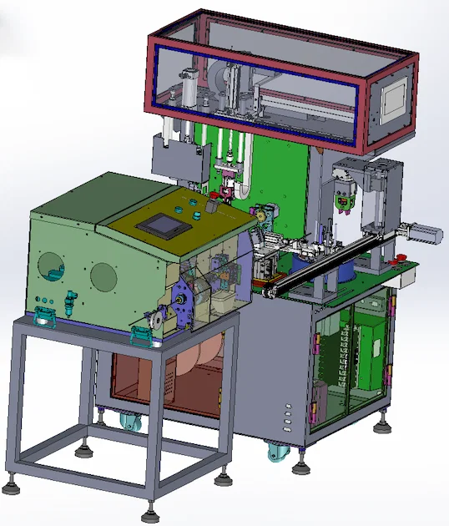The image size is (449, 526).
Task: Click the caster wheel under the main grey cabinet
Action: pos(279,453)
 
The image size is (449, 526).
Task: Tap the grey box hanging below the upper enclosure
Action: pos(179,161)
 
